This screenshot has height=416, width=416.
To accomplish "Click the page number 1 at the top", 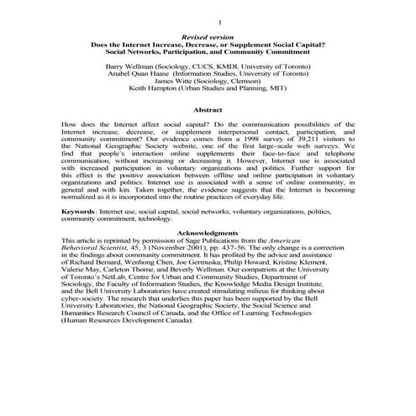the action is (219, 21).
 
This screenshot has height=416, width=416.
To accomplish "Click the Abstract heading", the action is (207, 110).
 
